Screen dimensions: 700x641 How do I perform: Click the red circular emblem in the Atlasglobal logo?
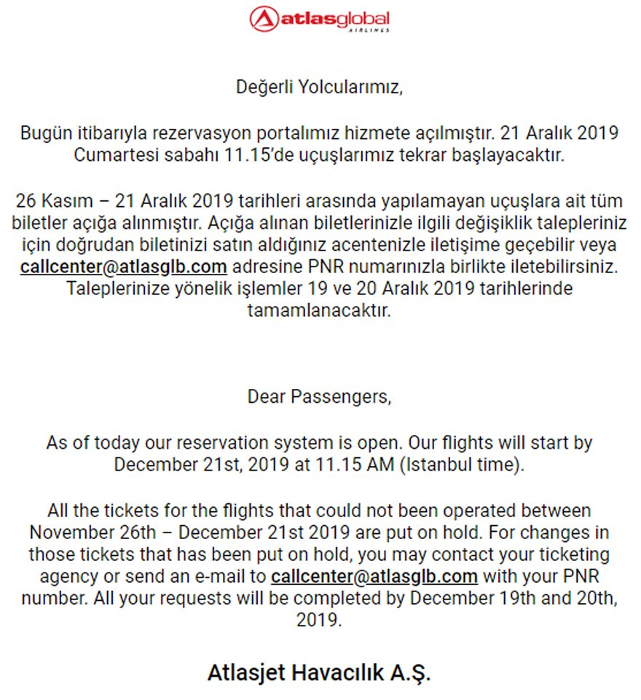(x=264, y=19)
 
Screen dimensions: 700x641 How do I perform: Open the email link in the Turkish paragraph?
(x=124, y=266)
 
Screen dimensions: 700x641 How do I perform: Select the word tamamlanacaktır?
(x=320, y=310)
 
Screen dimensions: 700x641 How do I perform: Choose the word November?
(x=73, y=532)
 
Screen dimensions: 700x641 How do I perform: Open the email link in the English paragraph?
(x=374, y=576)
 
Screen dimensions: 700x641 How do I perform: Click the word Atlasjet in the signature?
(x=244, y=672)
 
